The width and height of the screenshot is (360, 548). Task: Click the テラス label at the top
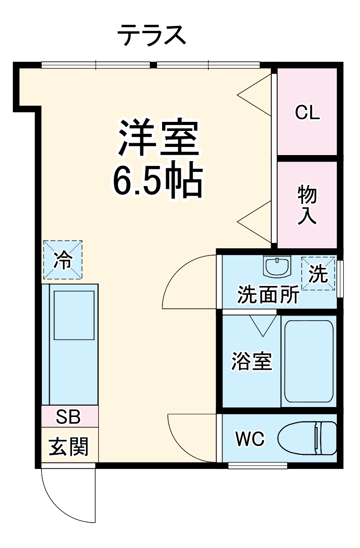152,35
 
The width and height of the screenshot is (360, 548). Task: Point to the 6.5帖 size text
157,181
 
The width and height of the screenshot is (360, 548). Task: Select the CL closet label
307,112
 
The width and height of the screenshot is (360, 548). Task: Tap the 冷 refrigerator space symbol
63,260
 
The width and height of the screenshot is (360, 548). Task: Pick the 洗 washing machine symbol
318,273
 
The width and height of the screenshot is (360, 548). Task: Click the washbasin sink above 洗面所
277,266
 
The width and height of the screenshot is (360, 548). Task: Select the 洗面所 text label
268,296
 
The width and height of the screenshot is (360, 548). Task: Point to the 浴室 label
251,362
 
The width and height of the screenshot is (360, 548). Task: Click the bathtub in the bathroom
308,361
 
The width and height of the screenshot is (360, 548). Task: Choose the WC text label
250,439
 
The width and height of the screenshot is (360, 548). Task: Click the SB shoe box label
69,416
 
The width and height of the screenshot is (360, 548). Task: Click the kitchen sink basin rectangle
74,315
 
